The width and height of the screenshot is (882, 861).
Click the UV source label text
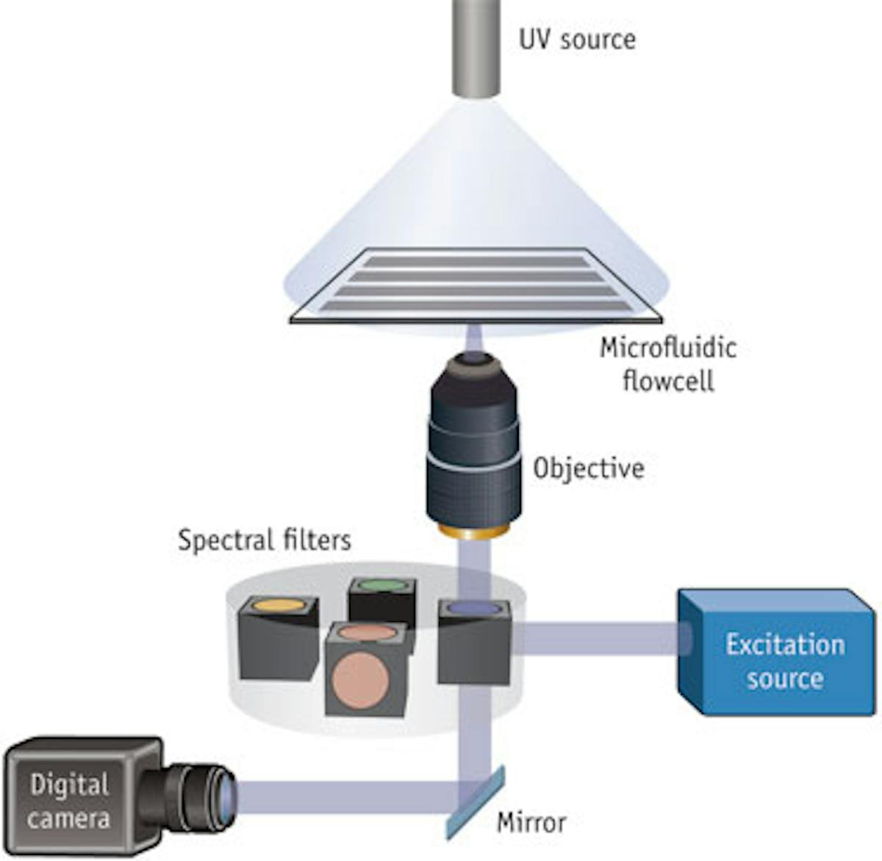tap(577, 38)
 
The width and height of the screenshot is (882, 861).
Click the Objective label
tap(589, 468)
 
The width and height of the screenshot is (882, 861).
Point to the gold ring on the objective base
tap(474, 531)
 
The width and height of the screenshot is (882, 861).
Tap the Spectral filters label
tap(265, 540)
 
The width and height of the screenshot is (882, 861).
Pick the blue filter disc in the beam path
tap(475, 607)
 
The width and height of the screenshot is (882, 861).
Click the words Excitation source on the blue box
tap(784, 660)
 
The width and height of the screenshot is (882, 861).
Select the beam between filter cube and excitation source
tap(595, 638)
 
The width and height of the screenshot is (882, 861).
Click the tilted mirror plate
tap(475, 801)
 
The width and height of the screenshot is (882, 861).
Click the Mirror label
tap(531, 821)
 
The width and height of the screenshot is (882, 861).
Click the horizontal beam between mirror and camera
tap(345, 798)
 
